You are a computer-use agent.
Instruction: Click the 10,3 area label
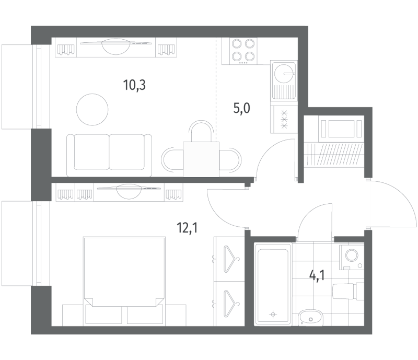click(x=134, y=85)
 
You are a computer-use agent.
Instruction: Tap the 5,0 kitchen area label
click(x=241, y=109)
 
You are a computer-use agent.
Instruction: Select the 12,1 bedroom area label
click(x=187, y=228)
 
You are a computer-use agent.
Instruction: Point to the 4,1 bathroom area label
click(x=317, y=275)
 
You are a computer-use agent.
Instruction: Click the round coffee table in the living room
click(x=92, y=110)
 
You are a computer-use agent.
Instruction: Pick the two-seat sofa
click(x=109, y=156)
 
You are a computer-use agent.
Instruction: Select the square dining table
click(x=201, y=159)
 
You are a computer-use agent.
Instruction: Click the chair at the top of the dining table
click(x=201, y=131)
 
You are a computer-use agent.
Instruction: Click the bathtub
click(x=273, y=284)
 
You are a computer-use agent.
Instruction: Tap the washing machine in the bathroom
click(x=352, y=257)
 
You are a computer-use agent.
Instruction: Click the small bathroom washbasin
click(x=311, y=318)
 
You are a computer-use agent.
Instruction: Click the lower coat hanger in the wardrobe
click(x=230, y=304)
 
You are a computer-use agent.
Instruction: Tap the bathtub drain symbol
click(x=273, y=315)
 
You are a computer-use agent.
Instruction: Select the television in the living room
click(x=117, y=43)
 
